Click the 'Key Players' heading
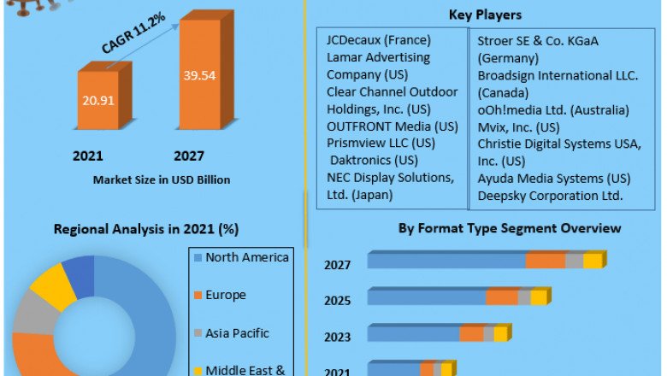click(485, 15)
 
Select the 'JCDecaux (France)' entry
click(379, 40)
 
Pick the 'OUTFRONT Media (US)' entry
click(393, 126)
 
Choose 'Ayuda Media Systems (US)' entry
click(554, 179)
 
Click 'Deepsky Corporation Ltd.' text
click(550, 196)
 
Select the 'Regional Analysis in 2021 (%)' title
click(146, 229)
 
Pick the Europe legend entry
click(225, 295)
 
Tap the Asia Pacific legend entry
click(238, 332)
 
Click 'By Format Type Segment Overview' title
click(510, 228)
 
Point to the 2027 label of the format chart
click(338, 265)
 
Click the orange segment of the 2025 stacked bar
click(503, 297)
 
